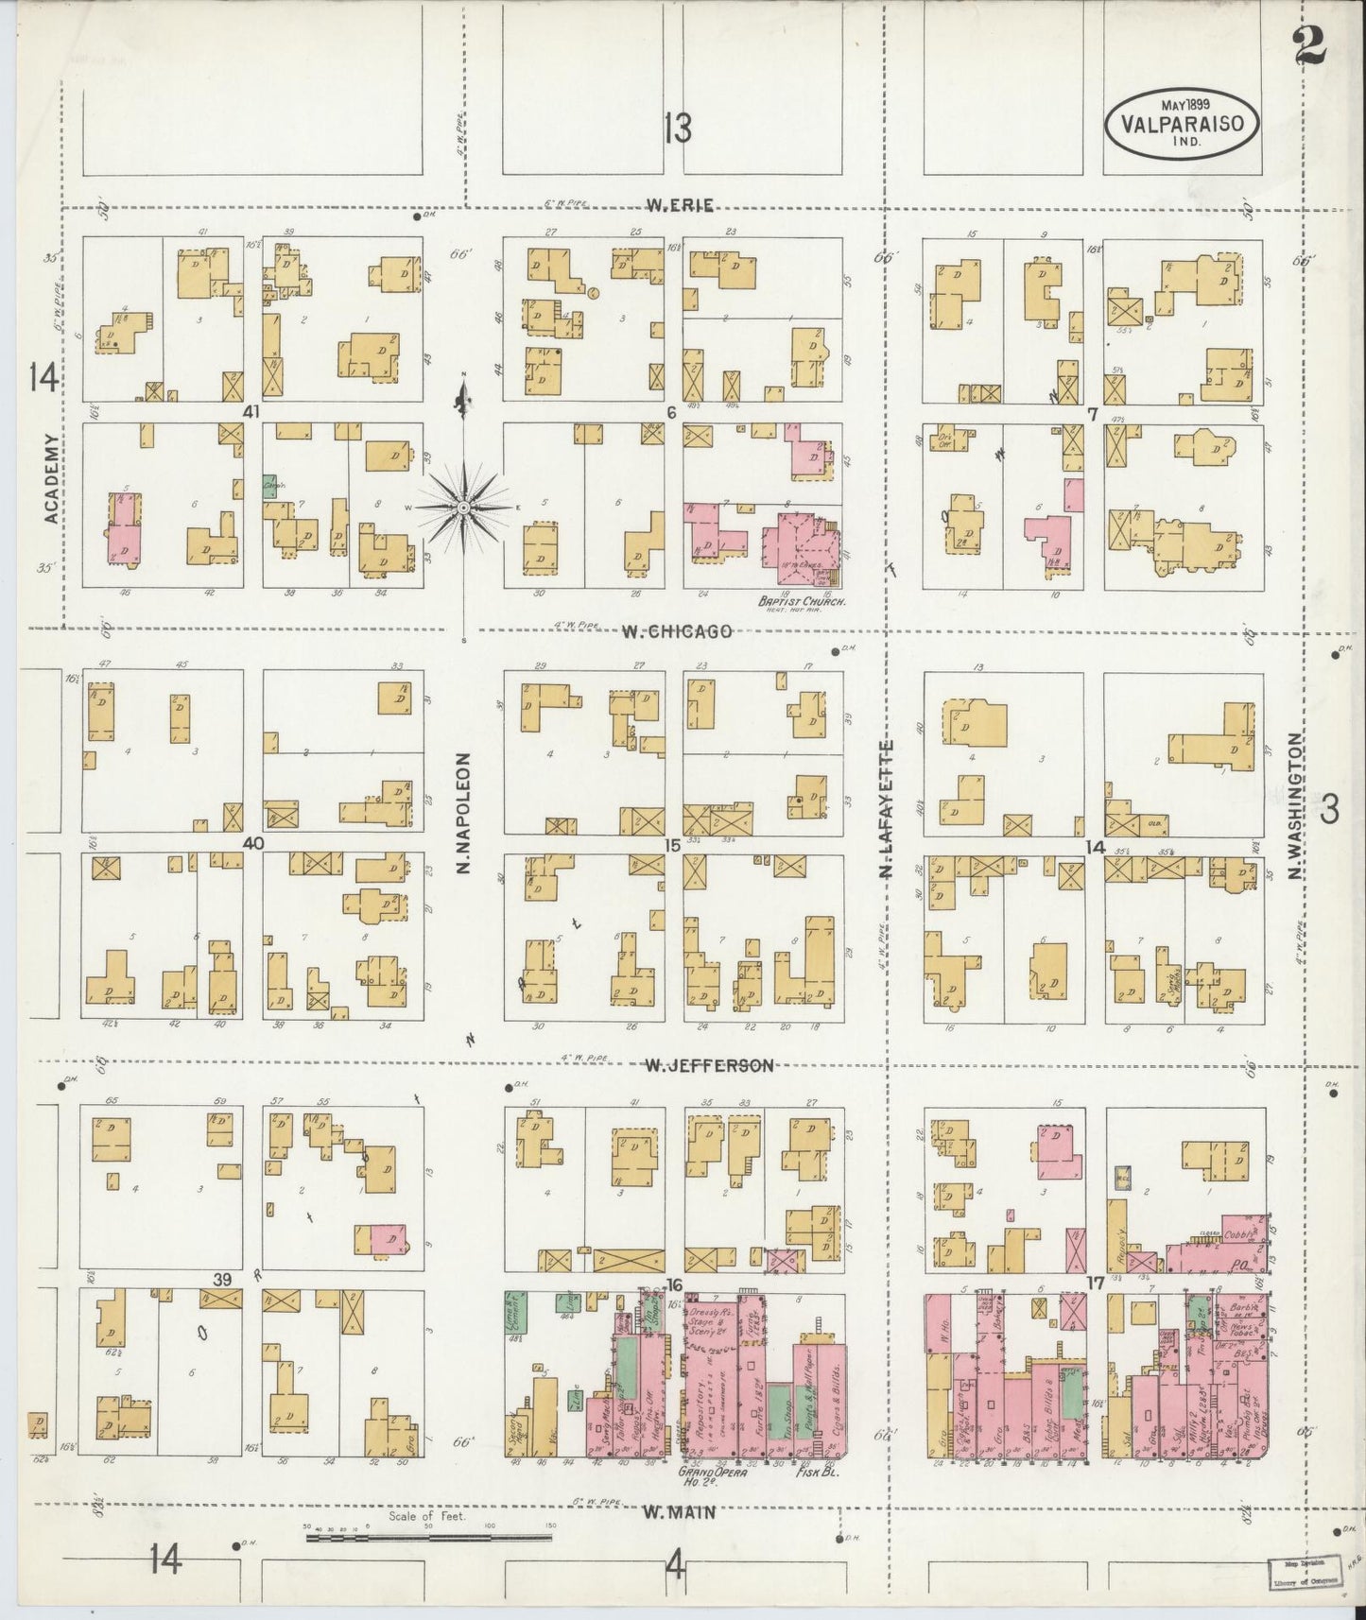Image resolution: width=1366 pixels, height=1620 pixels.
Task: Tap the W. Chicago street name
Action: coord(676,630)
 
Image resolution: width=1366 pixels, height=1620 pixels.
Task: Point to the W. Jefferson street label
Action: coord(708,1065)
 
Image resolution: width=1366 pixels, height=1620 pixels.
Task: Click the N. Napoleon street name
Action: coord(464,812)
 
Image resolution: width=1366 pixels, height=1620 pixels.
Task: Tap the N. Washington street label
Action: coord(1296,805)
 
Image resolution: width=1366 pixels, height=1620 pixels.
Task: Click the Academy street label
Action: coord(50,478)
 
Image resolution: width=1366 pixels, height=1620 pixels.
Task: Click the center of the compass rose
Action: coord(464,508)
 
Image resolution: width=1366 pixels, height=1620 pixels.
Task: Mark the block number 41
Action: coord(251,412)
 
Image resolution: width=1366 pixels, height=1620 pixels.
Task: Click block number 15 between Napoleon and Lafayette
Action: coord(671,845)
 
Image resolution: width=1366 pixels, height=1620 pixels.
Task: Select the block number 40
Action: coord(251,843)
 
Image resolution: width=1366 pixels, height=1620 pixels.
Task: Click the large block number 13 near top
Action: coord(677,128)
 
